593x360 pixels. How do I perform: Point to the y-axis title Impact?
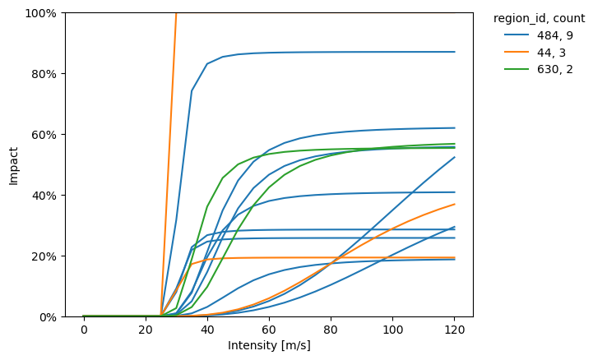pyautogui.click(x=13, y=165)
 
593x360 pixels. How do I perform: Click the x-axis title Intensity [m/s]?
pyautogui.click(x=269, y=346)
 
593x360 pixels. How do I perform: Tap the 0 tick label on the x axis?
pyautogui.click(x=84, y=330)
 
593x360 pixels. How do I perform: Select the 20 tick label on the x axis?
pyautogui.click(x=146, y=330)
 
